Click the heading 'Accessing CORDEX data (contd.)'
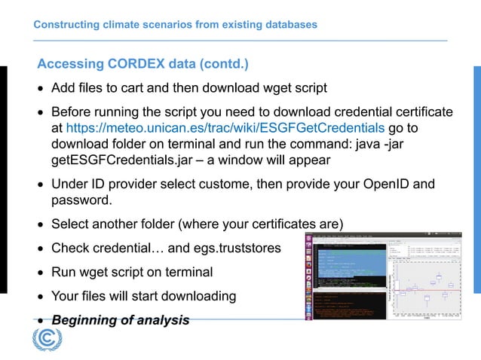click(x=142, y=63)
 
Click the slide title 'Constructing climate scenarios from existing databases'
click(x=175, y=25)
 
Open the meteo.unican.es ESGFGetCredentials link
click(x=225, y=128)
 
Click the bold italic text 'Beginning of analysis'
click(x=120, y=320)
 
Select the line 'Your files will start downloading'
click(x=143, y=296)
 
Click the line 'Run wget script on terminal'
click(x=132, y=272)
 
